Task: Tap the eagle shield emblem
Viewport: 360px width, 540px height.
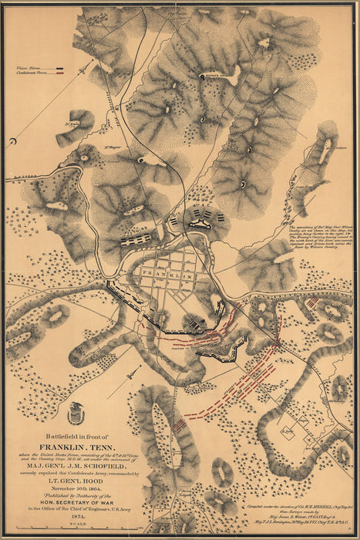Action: (75, 414)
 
